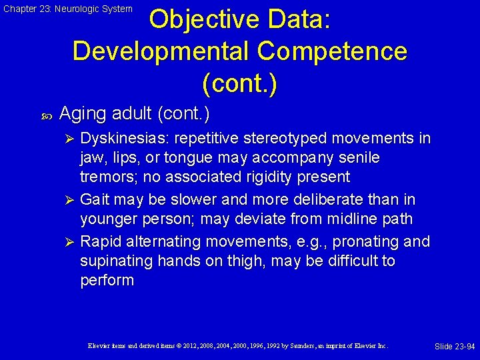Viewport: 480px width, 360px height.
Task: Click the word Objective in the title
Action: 207,19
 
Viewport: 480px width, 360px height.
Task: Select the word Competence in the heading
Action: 337,51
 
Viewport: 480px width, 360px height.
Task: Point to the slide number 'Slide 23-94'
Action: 455,347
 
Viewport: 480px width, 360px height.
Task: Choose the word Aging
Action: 82,114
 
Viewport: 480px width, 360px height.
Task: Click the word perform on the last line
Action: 107,280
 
